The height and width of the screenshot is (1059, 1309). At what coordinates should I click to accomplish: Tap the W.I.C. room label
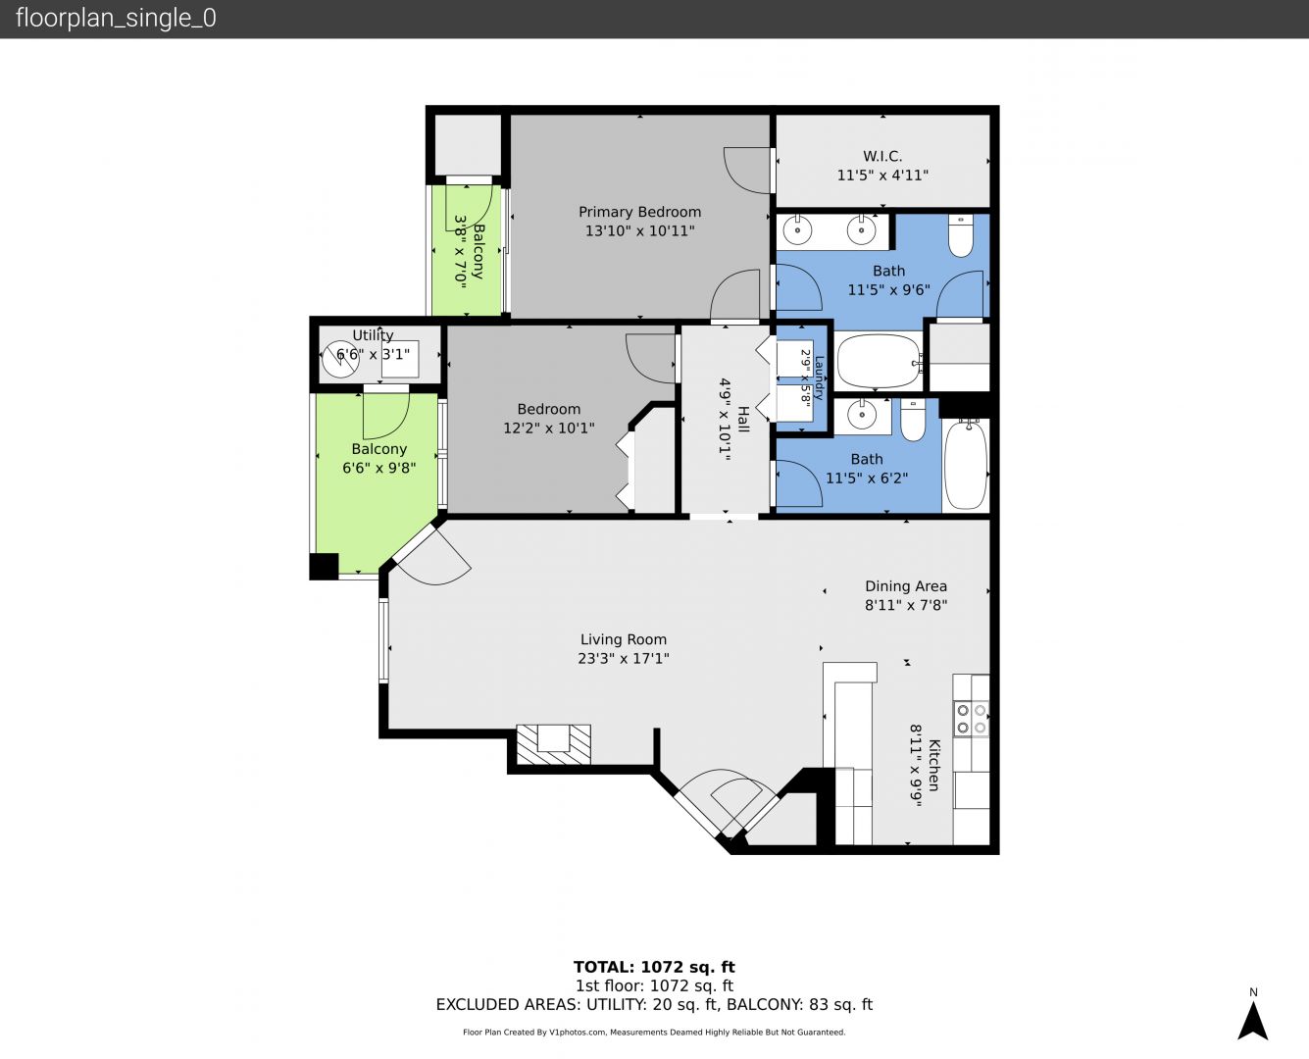[x=882, y=156]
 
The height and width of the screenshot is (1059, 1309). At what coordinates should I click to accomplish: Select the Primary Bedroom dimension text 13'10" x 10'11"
[x=639, y=231]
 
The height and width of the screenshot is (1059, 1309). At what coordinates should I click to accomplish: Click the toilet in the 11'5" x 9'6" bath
[x=961, y=234]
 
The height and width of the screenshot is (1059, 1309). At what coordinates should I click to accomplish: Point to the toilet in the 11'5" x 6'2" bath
[x=913, y=420]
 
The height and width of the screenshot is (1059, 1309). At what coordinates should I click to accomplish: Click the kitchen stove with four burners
[x=971, y=719]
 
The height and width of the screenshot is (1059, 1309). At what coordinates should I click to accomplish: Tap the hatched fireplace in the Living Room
[x=554, y=743]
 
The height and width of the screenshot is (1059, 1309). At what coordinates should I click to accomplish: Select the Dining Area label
[x=906, y=586]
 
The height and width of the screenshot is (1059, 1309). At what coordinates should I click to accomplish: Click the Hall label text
[x=743, y=419]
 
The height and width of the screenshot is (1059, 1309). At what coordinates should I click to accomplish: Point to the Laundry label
[x=819, y=378]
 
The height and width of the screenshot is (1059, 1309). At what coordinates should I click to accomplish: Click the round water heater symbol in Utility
[x=340, y=360]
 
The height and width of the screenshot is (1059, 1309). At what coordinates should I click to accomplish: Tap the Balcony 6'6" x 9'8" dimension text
[x=379, y=468]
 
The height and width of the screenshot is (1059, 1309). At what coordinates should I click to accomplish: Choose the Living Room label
[x=624, y=639]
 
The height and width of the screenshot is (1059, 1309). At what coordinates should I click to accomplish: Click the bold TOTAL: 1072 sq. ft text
[x=654, y=967]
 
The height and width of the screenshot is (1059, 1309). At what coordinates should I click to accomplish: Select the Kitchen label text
[x=933, y=765]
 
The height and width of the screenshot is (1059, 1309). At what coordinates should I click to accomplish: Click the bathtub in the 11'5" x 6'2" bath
[x=966, y=464]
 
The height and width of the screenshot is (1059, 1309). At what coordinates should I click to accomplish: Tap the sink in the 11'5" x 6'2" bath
[x=862, y=415]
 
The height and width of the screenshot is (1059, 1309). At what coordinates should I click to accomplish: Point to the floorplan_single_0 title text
[x=116, y=18]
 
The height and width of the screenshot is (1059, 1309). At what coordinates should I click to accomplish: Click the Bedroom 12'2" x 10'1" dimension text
[x=549, y=428]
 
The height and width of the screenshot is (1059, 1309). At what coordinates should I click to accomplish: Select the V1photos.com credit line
[x=654, y=1032]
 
